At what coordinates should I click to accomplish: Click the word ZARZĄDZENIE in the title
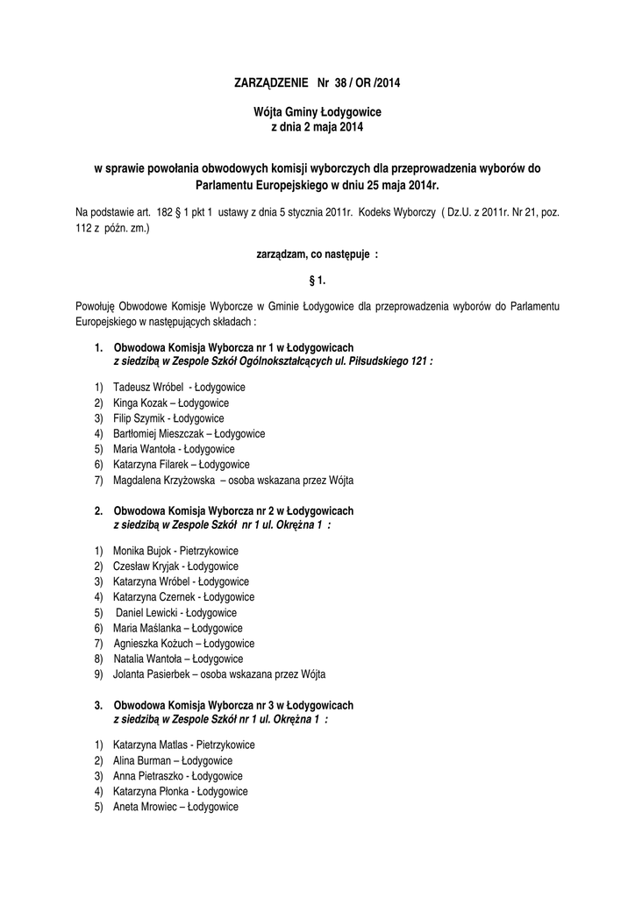[x=271, y=84]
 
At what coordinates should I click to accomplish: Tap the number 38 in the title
[x=344, y=84]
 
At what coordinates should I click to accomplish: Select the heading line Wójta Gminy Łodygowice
[x=317, y=113]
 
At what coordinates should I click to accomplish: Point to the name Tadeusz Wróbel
[x=148, y=387]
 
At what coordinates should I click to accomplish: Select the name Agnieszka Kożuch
[x=152, y=644]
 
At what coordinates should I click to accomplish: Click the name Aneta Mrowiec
[x=145, y=807]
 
